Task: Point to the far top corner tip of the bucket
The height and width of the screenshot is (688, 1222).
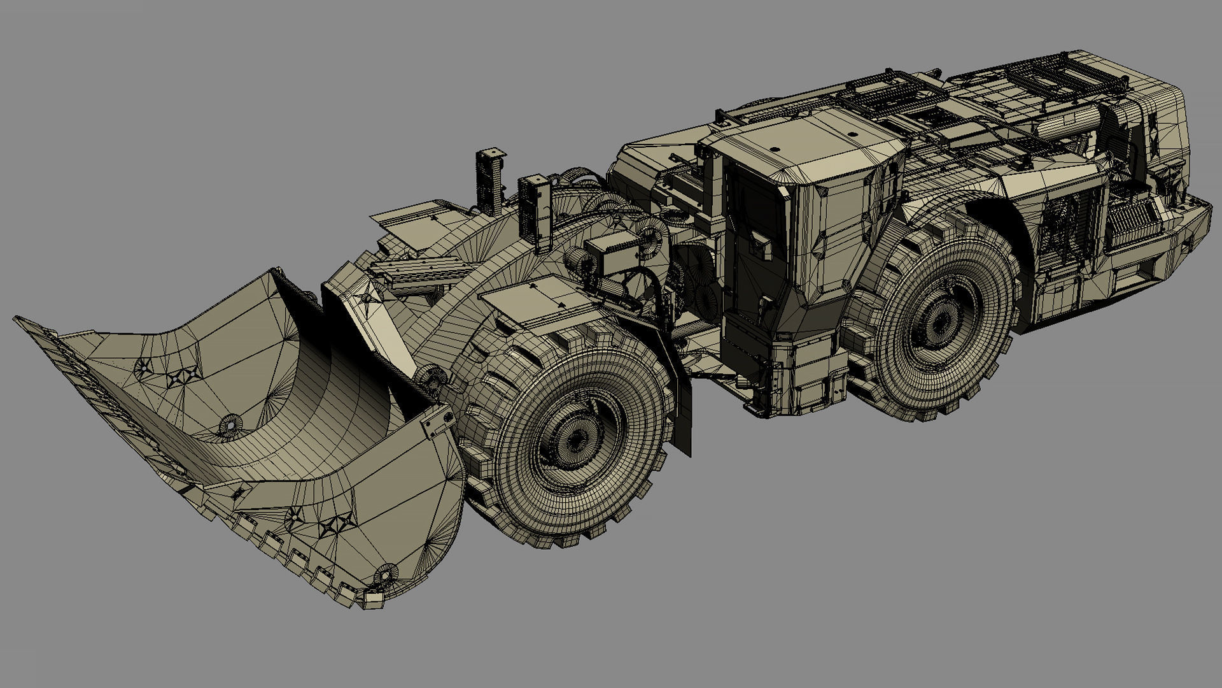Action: tap(19, 319)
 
